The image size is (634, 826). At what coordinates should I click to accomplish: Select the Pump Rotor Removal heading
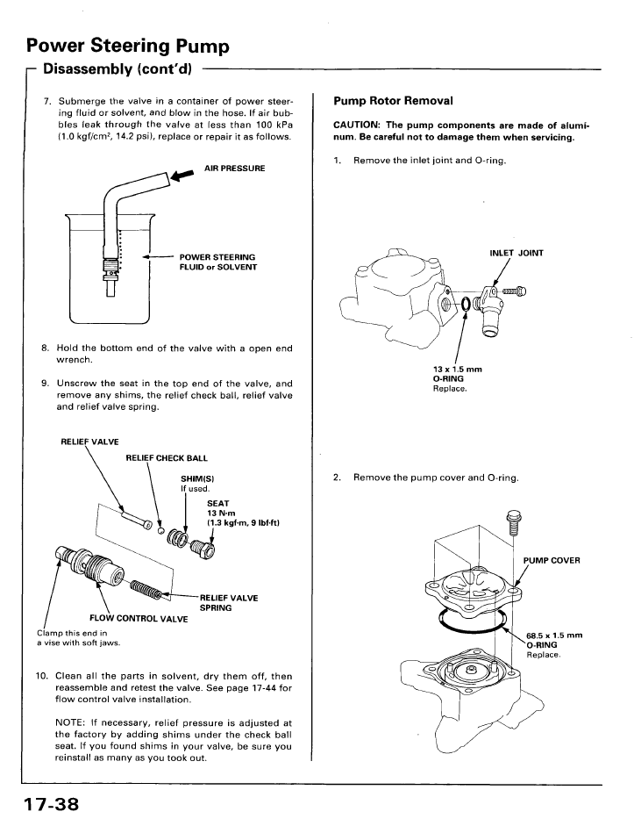[x=393, y=101]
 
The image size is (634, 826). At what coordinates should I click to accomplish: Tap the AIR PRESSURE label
[x=234, y=168]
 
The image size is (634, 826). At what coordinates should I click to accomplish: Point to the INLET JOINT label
[x=516, y=253]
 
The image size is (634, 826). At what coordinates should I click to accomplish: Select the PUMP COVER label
[x=552, y=560]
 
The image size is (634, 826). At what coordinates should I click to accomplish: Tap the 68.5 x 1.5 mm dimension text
[x=554, y=636]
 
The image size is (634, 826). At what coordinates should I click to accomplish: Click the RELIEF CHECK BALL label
[x=167, y=457]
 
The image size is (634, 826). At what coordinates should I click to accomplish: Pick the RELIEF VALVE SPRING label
[x=228, y=602]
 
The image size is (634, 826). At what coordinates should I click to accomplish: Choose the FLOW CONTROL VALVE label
[x=139, y=618]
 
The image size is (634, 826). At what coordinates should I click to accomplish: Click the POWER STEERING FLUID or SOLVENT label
[x=217, y=262]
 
